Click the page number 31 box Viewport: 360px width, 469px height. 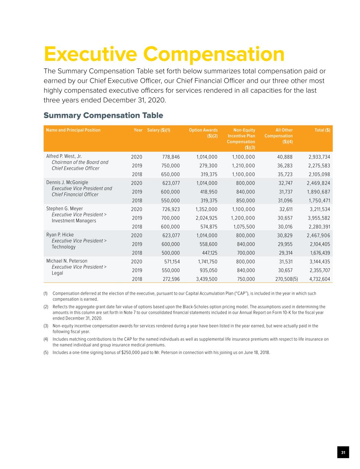click(343, 452)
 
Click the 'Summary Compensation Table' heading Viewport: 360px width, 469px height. click(103, 115)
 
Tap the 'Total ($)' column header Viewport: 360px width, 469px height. click(322, 130)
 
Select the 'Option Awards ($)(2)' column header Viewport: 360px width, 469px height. click(203, 133)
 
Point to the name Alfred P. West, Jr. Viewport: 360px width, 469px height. click(64, 156)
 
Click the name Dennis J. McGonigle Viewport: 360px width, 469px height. click(67, 182)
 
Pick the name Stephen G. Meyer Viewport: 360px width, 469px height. click(65, 209)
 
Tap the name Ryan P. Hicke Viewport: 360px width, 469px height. click(60, 235)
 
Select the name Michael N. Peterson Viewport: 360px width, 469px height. click(67, 261)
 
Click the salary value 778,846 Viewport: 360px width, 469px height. click(171, 157)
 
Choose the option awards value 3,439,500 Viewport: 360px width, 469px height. click(206, 279)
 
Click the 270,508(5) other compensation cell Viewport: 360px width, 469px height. click(286, 279)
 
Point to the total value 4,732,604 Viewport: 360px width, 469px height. click(319, 279)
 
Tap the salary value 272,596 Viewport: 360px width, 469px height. click(171, 279)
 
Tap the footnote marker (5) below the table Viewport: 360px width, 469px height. click(46, 353)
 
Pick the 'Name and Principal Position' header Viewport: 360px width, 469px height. click(73, 130)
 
